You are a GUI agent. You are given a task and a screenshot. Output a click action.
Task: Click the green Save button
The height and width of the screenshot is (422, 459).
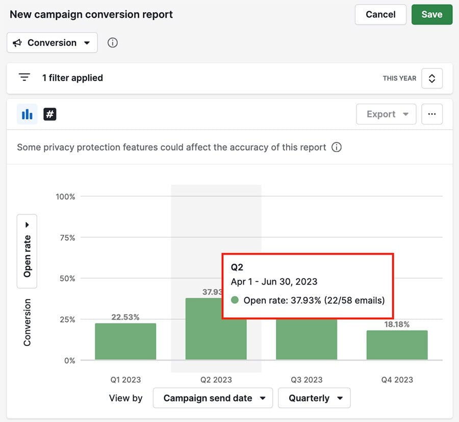[431, 14]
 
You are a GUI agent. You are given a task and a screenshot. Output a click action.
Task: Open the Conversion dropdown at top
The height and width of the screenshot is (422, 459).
[52, 43]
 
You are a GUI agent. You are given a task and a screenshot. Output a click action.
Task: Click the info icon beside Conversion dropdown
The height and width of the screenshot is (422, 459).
[113, 43]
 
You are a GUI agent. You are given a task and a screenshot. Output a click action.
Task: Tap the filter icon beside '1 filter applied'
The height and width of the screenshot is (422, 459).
[24, 78]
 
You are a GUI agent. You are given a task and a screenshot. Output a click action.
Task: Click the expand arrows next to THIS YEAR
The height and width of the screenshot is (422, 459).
[432, 79]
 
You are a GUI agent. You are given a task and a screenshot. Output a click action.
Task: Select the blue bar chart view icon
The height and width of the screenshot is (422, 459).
[27, 114]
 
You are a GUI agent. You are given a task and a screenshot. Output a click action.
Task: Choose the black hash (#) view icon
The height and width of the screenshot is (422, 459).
[49, 114]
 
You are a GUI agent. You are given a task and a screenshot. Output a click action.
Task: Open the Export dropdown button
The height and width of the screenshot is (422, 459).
[386, 114]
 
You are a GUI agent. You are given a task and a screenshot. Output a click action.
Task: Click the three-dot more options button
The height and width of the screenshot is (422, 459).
[432, 114]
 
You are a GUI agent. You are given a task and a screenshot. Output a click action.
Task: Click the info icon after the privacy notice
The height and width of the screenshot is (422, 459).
[337, 147]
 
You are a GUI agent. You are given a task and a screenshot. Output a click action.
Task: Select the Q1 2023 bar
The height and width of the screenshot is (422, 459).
[125, 341]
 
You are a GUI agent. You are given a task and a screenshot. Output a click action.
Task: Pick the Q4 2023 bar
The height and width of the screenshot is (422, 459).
[397, 345]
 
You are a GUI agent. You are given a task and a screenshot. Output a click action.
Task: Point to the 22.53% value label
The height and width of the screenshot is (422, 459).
[125, 317]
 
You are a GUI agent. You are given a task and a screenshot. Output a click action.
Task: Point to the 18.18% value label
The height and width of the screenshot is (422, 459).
[397, 324]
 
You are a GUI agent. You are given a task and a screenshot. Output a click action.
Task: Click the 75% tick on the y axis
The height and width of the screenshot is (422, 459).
[65, 238]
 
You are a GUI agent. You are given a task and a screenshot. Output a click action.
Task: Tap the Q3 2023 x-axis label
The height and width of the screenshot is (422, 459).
[307, 380]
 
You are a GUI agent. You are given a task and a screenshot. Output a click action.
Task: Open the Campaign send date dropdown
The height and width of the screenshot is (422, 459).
[213, 398]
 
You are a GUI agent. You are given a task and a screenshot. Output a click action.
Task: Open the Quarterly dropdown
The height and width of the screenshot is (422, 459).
[314, 398]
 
